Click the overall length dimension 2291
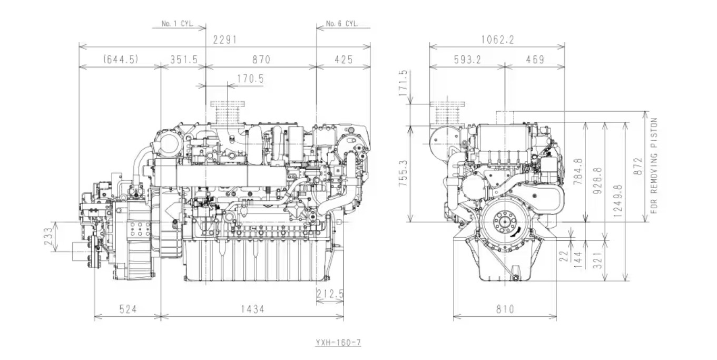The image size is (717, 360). (225, 40)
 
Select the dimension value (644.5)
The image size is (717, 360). (121, 59)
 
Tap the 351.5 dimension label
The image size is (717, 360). (184, 60)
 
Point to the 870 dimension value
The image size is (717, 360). (261, 60)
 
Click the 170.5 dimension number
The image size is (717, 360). (250, 79)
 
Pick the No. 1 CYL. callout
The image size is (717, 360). (178, 24)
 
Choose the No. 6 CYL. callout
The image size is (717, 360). (342, 23)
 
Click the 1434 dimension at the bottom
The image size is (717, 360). (252, 309)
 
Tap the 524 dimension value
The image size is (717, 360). (128, 309)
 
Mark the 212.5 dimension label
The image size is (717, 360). (330, 294)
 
